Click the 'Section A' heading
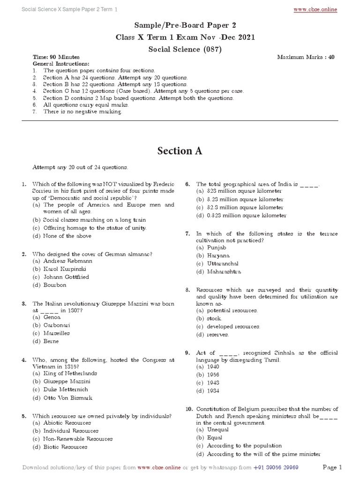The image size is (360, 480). pos(180,150)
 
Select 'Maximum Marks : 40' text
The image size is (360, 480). pos(306,57)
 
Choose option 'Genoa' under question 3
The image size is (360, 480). pos(52,317)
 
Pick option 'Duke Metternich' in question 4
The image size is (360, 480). pos(66,390)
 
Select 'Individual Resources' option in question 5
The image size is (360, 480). pos(71,431)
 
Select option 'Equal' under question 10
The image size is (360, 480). pos(215,437)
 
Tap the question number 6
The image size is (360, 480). pos(187,184)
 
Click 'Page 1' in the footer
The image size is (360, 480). pos(333,467)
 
